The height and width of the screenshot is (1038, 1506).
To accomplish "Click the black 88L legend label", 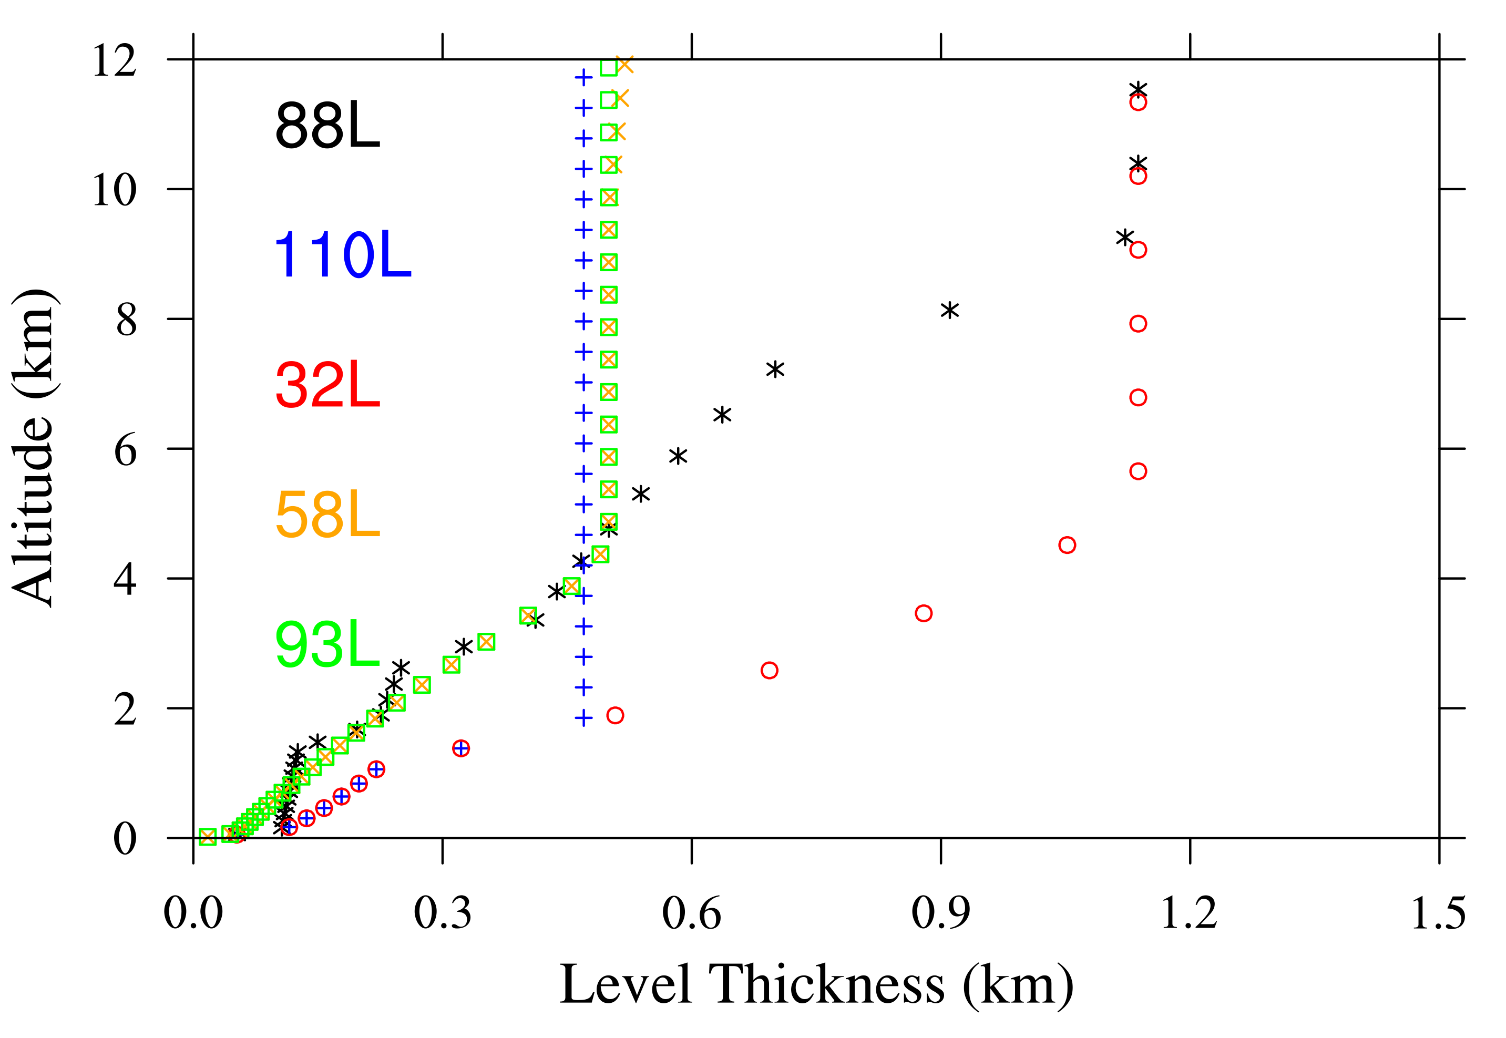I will pos(327,126).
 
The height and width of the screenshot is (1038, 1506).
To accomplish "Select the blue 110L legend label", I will pos(343,255).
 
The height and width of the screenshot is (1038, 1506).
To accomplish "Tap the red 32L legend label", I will pos(327,386).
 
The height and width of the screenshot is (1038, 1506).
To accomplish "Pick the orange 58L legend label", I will pos(327,515).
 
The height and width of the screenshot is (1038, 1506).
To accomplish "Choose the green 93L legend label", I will pos(327,645).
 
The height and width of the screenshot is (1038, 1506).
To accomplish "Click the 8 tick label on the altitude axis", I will pos(126,320).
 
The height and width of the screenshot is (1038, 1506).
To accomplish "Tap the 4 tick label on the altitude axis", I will pos(125,580).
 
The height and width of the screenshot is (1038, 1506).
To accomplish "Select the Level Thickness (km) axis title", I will pos(816,986).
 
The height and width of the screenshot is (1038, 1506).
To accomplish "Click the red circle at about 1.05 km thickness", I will pos(1067,545).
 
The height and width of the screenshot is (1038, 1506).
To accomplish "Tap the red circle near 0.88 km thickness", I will pos(924,613).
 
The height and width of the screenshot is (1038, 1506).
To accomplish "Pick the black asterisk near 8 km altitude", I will pos(950,311).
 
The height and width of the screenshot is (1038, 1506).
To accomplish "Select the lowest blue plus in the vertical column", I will pos(583,718).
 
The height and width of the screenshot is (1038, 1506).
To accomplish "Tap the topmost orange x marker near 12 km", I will pos(624,65).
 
